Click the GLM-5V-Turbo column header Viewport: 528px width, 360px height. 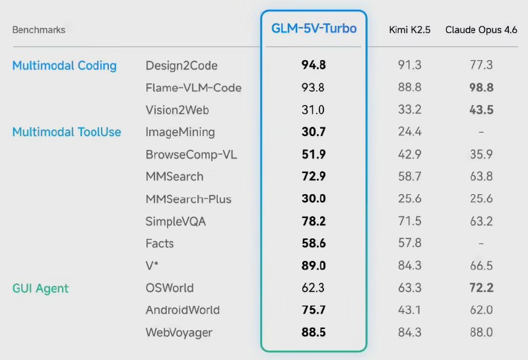coord(313,29)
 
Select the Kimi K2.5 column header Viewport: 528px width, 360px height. coord(410,30)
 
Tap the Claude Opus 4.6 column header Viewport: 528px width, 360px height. coord(481,30)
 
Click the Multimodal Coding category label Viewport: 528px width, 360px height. coord(65,65)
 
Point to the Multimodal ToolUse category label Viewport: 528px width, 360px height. coord(67,132)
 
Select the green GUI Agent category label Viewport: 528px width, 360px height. coord(40,288)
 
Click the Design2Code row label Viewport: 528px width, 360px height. coord(181,65)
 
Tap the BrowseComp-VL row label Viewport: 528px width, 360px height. coord(191,155)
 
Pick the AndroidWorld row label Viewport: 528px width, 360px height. coord(183,310)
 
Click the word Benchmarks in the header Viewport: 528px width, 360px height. coord(39,30)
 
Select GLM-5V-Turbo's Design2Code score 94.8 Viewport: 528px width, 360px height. coord(313,65)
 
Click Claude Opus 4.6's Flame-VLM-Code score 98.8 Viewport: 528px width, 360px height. coord(481,88)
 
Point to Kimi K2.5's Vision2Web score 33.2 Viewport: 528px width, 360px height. coord(410,110)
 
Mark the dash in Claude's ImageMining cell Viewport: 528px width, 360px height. coord(481,132)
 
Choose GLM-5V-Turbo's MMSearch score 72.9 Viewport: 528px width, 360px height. coord(313,176)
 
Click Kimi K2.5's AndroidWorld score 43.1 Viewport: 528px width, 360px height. coord(410,310)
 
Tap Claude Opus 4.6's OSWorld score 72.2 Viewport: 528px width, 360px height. coord(481,288)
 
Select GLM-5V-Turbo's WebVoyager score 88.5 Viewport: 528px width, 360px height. coord(313,332)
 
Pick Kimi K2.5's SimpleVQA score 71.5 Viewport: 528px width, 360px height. coord(410,221)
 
